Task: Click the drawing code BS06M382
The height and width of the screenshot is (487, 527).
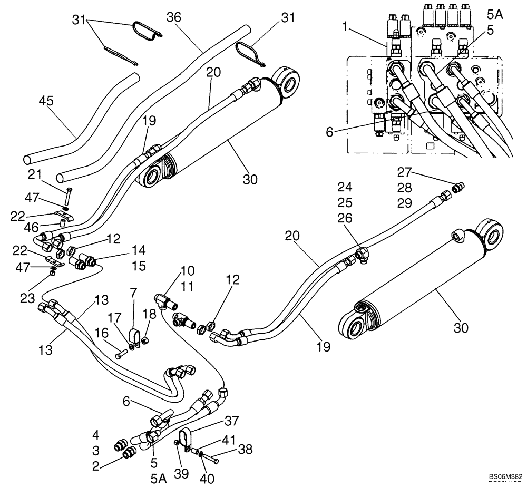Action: coord(504,475)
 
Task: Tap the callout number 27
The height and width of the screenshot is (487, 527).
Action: coord(405,172)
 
